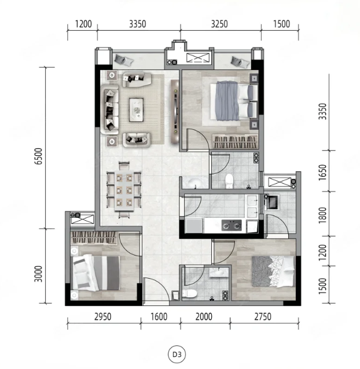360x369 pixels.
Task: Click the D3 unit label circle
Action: (177, 354)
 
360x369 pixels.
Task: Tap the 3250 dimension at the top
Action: (219, 24)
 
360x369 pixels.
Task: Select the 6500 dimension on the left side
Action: (38, 156)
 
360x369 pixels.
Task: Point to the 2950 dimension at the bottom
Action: (103, 317)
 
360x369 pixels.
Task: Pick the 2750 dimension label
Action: (263, 317)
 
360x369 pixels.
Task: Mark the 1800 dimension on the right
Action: (322, 215)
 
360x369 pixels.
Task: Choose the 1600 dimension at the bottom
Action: (159, 317)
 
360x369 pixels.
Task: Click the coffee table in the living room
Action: (136, 109)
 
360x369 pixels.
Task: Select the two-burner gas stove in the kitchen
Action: (232, 225)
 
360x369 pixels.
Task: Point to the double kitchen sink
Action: (252, 206)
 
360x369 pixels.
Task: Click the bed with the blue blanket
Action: (234, 101)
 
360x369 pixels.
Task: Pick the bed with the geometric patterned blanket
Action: (273, 271)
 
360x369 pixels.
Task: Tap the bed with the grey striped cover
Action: (95, 272)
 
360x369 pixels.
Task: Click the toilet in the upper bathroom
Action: (229, 180)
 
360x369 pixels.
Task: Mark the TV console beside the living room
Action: (175, 112)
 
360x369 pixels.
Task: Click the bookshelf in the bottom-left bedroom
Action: (94, 238)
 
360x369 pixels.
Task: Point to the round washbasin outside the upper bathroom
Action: (194, 182)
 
